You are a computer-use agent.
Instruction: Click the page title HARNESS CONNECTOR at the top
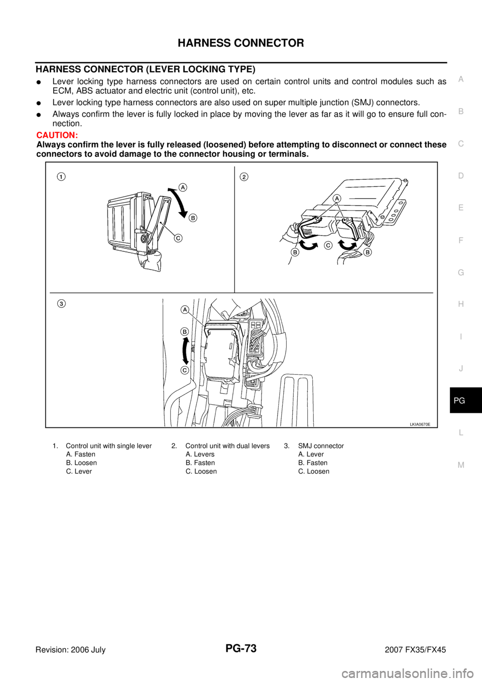[x=240, y=43]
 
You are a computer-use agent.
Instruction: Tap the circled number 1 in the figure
[x=61, y=177]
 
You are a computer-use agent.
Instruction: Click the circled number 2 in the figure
[x=244, y=177]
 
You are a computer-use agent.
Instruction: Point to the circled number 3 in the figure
[x=61, y=303]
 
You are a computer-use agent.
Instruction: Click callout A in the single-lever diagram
[x=182, y=187]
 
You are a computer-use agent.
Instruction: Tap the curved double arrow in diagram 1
[x=179, y=202]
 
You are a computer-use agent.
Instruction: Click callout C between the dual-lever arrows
[x=327, y=246]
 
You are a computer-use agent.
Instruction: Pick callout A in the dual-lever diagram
[x=336, y=198]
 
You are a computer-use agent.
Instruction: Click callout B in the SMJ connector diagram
[x=185, y=331]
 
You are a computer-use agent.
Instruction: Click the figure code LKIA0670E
[x=420, y=424]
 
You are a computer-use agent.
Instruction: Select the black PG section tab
[x=465, y=400]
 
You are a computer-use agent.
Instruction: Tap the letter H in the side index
[x=461, y=304]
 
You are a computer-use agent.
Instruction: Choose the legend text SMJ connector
[x=321, y=446]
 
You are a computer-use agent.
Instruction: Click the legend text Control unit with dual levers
[x=227, y=446]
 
